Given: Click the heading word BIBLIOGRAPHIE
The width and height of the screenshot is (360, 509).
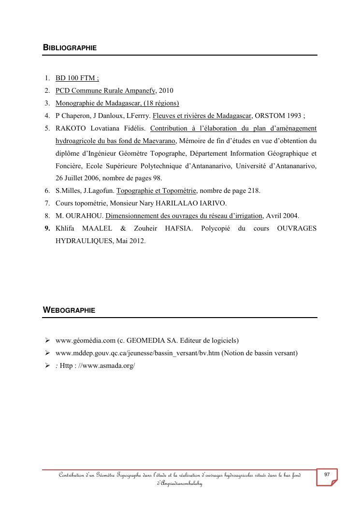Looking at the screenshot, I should pyautogui.click(x=70, y=48).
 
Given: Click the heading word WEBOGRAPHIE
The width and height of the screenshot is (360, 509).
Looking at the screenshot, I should pyautogui.click(x=69, y=310).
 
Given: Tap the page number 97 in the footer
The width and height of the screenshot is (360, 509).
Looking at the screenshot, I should pyautogui.click(x=327, y=475).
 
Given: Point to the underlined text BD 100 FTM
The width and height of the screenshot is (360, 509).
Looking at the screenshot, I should pyautogui.click(x=77, y=78).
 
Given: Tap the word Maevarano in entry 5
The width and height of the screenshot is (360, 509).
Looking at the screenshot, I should pyautogui.click(x=159, y=141).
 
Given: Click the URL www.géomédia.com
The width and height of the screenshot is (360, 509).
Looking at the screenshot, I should pyautogui.click(x=85, y=340).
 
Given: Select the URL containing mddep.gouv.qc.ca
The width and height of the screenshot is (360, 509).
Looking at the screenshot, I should pyautogui.click(x=138, y=353).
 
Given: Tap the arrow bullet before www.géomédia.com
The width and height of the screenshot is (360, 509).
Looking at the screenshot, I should pyautogui.click(x=48, y=340).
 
